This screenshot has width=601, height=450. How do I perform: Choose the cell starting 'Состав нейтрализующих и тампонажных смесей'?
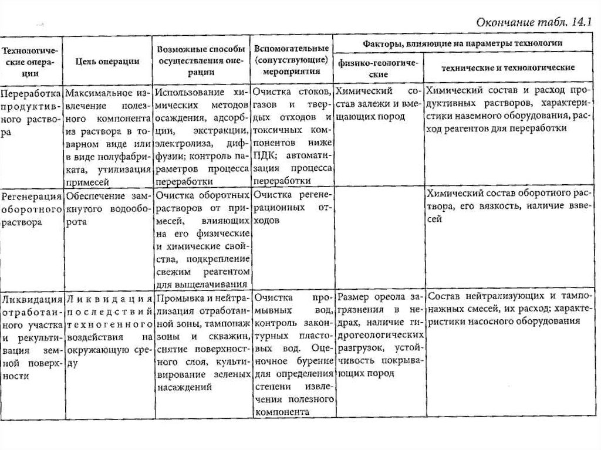tap(508, 309)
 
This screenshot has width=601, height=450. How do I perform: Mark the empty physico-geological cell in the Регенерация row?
tap(379, 238)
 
